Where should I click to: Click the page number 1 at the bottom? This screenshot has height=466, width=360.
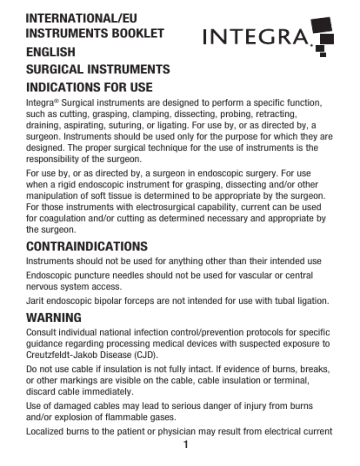pyautogui.click(x=180, y=456)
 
